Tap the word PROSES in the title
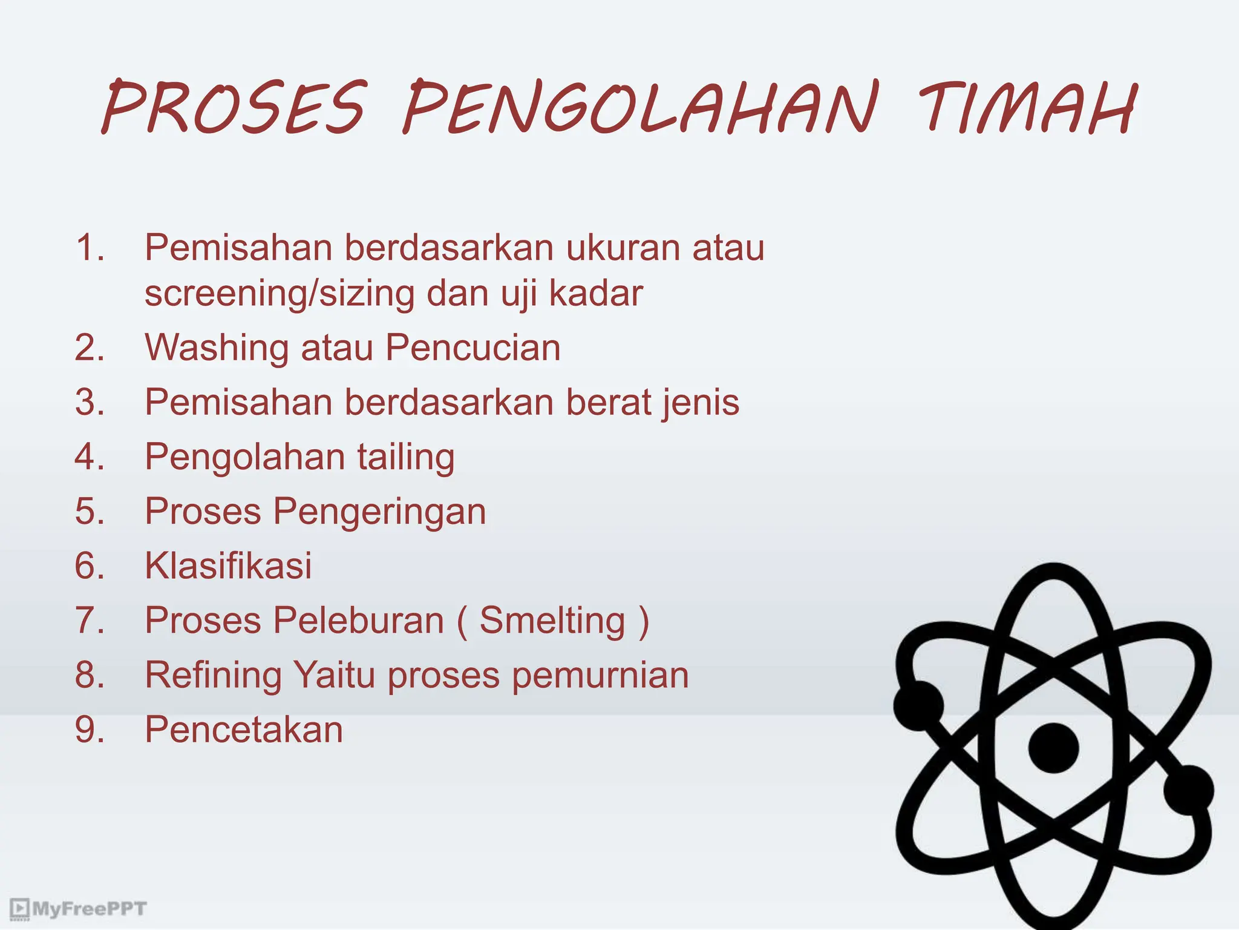pos(235,108)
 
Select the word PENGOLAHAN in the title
pos(640,108)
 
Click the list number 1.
pos(90,248)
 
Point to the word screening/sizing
pos(280,294)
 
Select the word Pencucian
pos(473,348)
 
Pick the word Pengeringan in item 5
pos(379,512)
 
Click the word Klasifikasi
pos(228,566)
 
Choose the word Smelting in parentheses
pos(552,621)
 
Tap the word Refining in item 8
pos(213,676)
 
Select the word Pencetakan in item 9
pos(243,730)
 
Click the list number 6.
pos(90,566)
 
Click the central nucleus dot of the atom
pos(1053,748)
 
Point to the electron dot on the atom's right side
pos(1188,790)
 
